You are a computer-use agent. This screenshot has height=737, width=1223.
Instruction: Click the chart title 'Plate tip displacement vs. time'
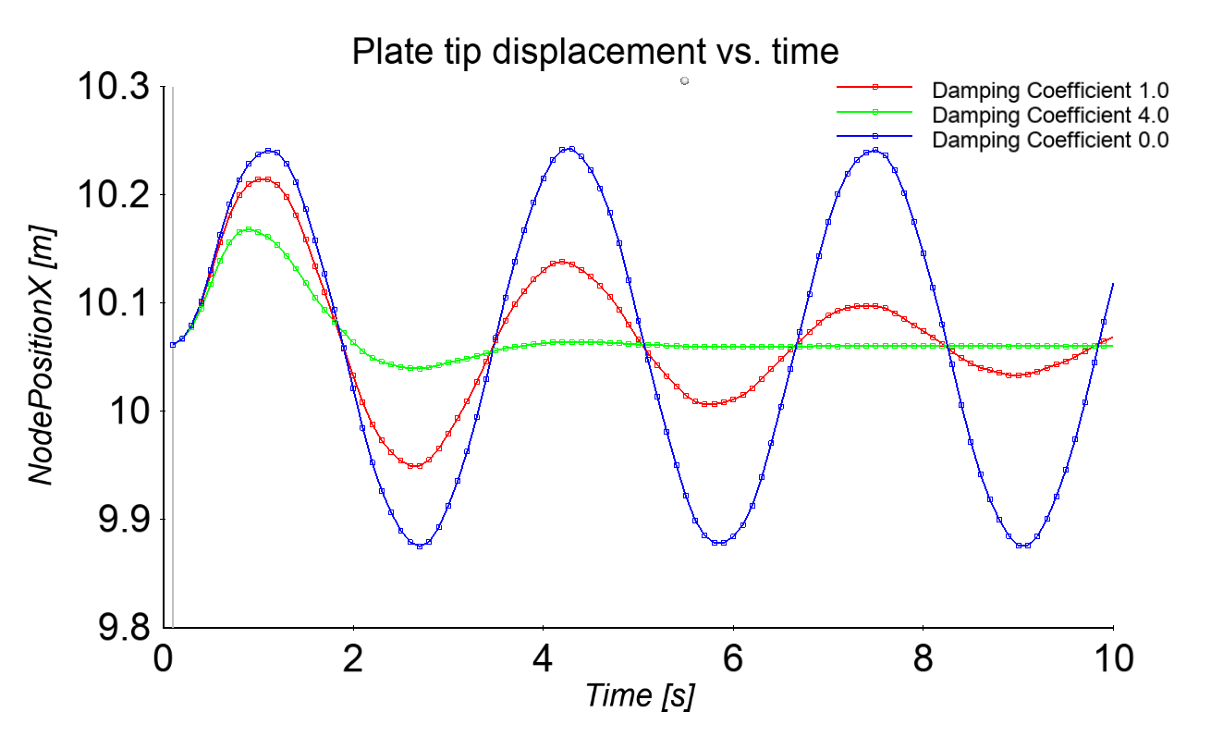[x=594, y=53]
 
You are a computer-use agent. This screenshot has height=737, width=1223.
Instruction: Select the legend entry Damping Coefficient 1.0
[x=1050, y=91]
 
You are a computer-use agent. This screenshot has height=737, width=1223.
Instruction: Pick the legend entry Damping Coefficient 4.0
[x=1050, y=116]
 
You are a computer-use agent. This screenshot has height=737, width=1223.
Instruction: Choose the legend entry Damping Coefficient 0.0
[x=1050, y=141]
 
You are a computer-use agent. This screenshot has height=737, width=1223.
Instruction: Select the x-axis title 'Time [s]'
[x=640, y=694]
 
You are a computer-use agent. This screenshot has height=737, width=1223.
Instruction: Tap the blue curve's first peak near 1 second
[x=268, y=150]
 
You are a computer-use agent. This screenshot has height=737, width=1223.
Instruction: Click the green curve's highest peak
[x=250, y=229]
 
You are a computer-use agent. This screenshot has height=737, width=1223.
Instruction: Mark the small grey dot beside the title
[x=684, y=81]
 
